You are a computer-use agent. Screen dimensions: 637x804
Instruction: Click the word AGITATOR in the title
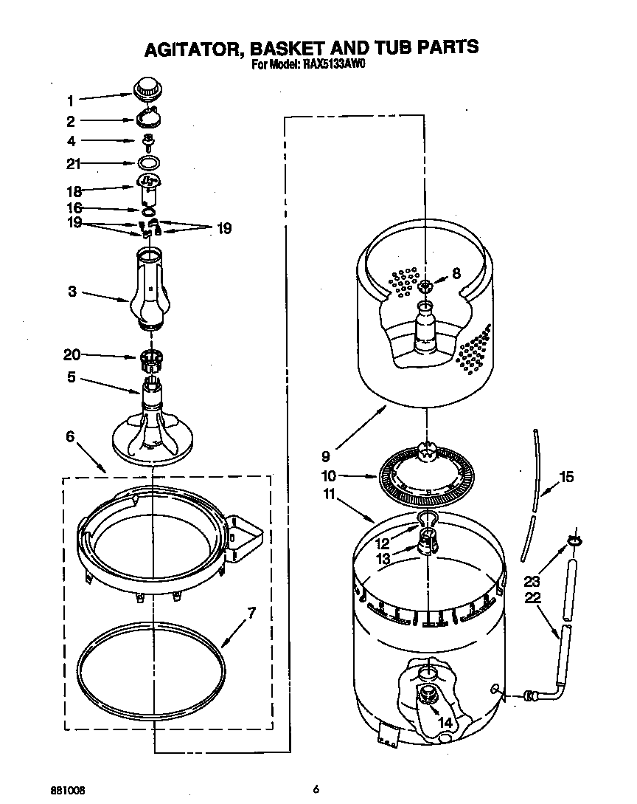point(193,48)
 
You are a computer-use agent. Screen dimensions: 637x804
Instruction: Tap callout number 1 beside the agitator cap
point(71,101)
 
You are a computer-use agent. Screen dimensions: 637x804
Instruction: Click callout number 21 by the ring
point(73,164)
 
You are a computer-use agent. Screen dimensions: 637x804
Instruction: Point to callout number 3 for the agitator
point(72,292)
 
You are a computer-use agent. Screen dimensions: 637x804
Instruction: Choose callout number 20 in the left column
point(72,354)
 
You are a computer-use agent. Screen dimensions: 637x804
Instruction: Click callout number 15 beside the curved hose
point(565,477)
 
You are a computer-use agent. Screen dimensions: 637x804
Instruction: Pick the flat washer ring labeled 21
point(149,163)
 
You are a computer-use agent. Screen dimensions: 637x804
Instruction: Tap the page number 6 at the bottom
point(316,789)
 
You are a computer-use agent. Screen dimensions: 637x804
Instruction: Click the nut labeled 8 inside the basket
point(425,284)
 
